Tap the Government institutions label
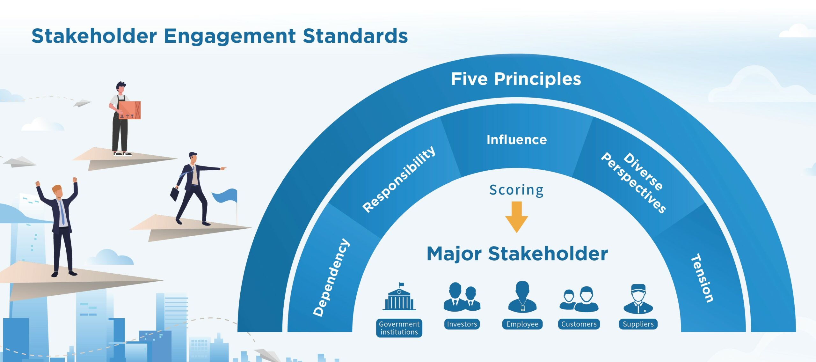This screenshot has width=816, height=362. tap(399, 328)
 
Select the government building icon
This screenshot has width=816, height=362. tap(399, 297)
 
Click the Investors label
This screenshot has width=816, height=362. tap(462, 324)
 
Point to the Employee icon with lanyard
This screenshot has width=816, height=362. tap(522, 297)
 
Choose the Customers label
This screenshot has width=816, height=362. tap(579, 324)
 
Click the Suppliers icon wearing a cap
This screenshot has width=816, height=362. tap(638, 299)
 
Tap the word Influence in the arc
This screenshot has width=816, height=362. tap(516, 140)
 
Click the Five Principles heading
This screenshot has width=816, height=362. tap(516, 79)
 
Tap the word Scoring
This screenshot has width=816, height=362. tap(516, 190)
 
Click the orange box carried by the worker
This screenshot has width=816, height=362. tap(130, 110)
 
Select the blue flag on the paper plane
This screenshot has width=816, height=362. tap(225, 196)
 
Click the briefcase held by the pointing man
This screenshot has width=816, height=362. tap(174, 194)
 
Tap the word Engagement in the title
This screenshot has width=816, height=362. tap(229, 36)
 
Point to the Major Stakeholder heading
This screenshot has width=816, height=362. tap(517, 254)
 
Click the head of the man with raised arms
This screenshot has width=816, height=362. tap(57, 191)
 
